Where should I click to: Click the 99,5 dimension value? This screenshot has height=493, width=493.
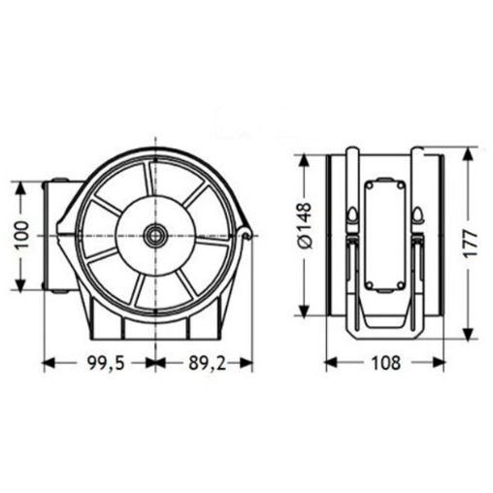106,363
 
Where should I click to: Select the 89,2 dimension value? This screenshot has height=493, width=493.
207,363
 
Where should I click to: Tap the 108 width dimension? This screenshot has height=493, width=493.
385,363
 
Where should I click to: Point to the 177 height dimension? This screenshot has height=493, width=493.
470,244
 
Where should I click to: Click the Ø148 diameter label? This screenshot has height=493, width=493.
304,226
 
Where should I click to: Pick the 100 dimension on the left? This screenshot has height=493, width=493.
22,234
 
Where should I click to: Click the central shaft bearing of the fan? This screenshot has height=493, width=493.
155,234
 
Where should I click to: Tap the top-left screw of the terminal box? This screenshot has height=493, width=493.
369,185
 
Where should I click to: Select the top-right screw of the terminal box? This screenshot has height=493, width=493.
401,185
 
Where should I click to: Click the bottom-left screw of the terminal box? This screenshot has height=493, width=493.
369,285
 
